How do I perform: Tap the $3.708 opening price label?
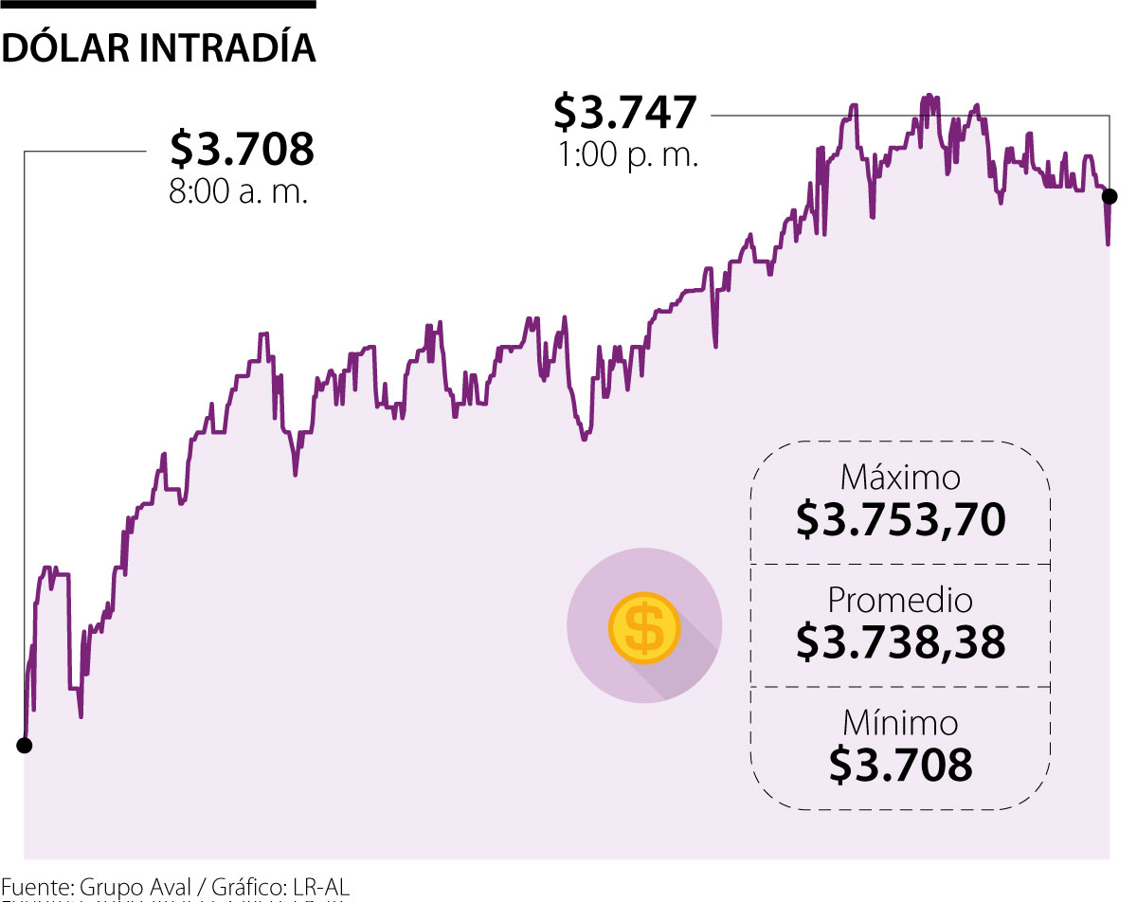pyautogui.click(x=242, y=149)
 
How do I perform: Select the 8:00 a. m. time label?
pyautogui.click(x=239, y=192)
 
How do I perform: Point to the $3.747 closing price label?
pyautogui.click(x=625, y=112)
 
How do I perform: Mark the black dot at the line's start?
pyautogui.click(x=25, y=746)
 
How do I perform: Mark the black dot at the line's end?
pyautogui.click(x=1110, y=197)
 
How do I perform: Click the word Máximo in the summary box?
pyautogui.click(x=900, y=477)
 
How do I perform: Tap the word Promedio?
pyautogui.click(x=900, y=600)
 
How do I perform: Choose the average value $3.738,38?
pyautogui.click(x=900, y=642)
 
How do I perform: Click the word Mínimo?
pyautogui.click(x=900, y=723)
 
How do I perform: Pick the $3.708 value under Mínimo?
pyautogui.click(x=900, y=766)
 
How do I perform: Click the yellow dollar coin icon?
pyautogui.click(x=644, y=627)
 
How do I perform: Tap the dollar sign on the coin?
pyautogui.click(x=644, y=627)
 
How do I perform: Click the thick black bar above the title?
pyautogui.click(x=157, y=4)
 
